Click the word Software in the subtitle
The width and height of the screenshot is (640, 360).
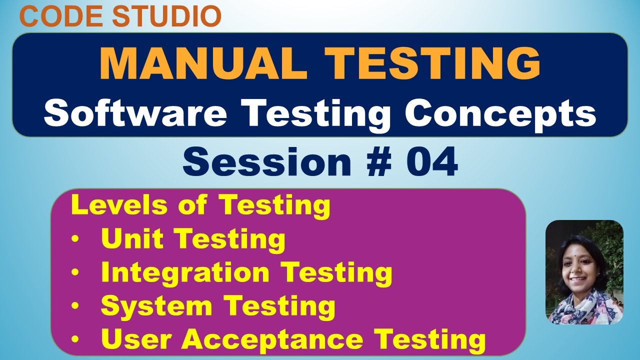click(x=135, y=113)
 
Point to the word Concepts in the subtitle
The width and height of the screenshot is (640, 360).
click(x=500, y=113)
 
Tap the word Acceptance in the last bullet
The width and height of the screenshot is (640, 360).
click(x=272, y=340)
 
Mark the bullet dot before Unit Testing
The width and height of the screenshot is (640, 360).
click(x=75, y=240)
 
